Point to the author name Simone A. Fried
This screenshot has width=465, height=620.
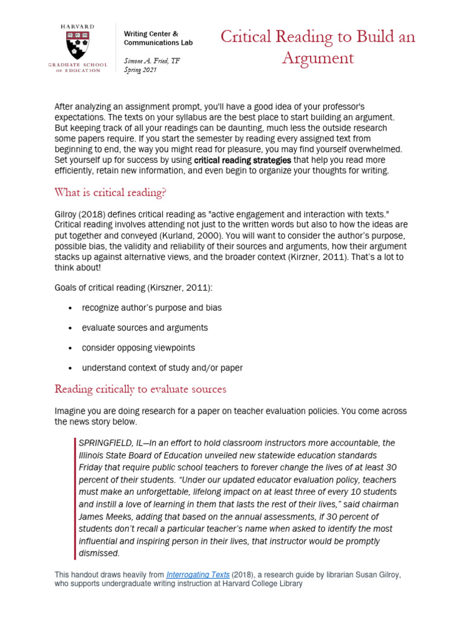click(151, 61)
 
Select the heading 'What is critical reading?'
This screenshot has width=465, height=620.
click(110, 193)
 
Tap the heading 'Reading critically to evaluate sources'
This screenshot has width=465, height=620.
click(140, 389)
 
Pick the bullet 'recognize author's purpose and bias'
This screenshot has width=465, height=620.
click(152, 308)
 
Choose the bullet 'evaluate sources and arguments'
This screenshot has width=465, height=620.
click(145, 328)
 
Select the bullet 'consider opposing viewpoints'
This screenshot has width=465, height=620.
click(139, 348)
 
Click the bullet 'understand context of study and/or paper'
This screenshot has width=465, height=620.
click(162, 368)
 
